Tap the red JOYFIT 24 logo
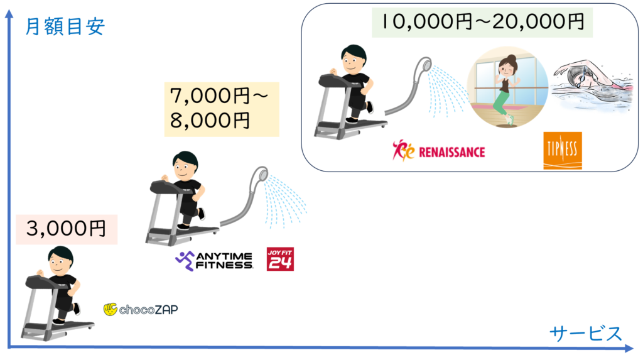[280, 259]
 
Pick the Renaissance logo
[438, 151]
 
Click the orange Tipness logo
[563, 150]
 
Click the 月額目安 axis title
[65, 27]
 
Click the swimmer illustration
[593, 85]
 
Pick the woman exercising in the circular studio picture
[505, 88]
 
